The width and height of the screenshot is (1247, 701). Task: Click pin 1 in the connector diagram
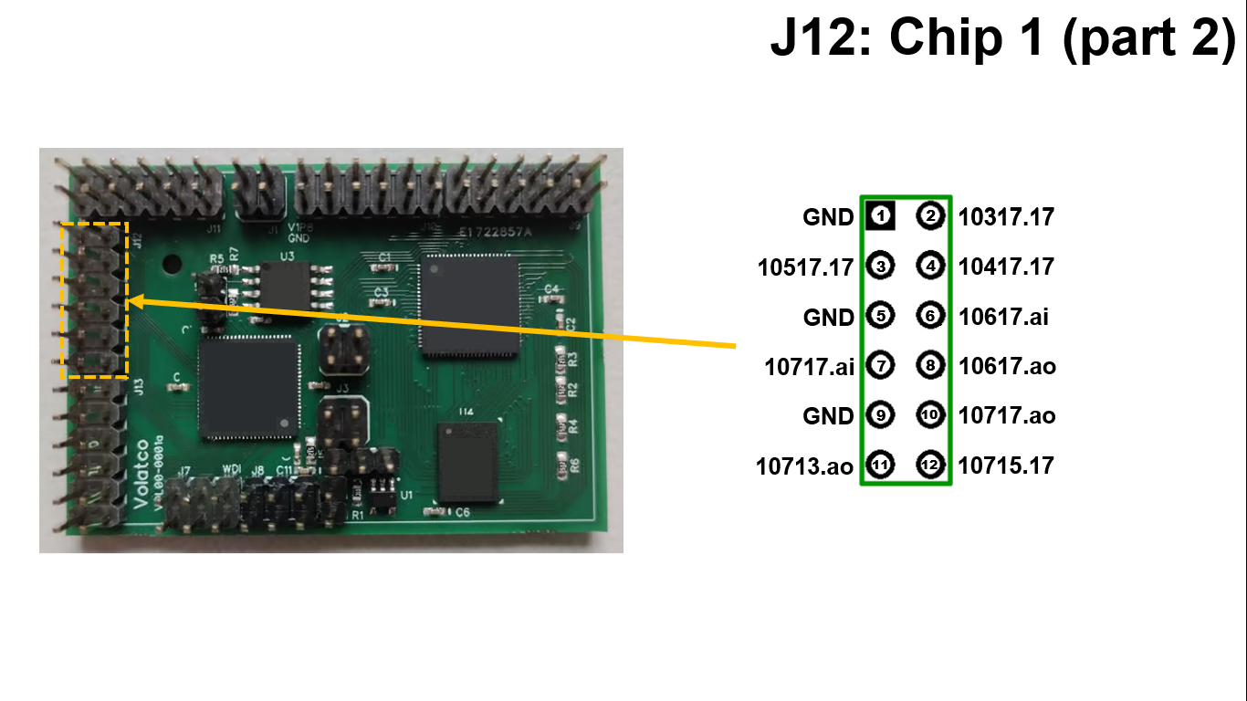tap(880, 216)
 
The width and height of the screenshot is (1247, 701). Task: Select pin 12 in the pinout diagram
tap(930, 465)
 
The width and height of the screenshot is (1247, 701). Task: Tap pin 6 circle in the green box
tap(930, 316)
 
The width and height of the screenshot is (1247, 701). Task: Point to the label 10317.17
tap(1006, 217)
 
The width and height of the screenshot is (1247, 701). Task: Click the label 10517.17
tap(805, 267)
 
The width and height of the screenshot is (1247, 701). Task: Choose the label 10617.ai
tap(1003, 317)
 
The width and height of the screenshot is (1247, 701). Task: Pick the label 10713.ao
tap(804, 466)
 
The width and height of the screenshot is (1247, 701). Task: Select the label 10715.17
tap(1006, 466)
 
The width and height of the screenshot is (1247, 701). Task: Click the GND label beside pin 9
tap(828, 416)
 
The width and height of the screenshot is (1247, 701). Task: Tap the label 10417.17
tap(1006, 267)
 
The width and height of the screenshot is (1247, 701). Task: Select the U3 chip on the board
tap(286, 285)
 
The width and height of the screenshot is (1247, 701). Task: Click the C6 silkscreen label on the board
tap(463, 513)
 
